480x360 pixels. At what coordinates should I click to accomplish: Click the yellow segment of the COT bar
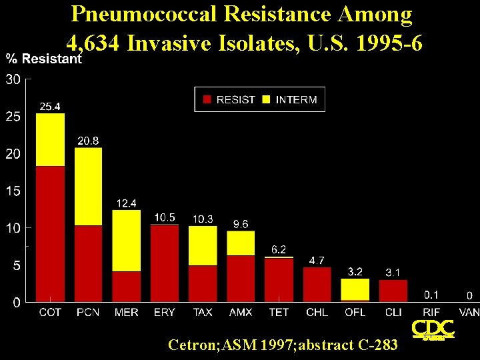click(50, 139)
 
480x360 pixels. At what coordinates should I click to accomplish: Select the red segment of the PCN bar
click(88, 263)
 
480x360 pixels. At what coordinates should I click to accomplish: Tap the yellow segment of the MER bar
click(127, 241)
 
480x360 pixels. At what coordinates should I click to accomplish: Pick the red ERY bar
click(165, 263)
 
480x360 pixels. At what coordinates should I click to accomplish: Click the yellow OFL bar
click(355, 289)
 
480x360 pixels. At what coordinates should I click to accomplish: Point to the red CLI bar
click(393, 291)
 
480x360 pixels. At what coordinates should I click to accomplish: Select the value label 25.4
click(51, 106)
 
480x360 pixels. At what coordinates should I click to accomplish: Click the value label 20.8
click(89, 141)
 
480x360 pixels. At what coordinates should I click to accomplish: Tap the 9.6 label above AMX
click(241, 224)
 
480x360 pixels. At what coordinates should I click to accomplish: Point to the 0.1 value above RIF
click(432, 294)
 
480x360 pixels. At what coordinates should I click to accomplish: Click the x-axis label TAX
click(203, 312)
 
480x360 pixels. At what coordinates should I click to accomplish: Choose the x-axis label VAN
click(469, 312)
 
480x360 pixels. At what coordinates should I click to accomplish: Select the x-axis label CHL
click(317, 312)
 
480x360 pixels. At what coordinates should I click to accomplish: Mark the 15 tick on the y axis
click(13, 191)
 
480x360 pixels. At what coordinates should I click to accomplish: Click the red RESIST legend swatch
click(207, 99)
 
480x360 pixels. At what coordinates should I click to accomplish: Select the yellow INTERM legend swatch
click(266, 99)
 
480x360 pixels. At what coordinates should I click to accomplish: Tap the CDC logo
click(433, 330)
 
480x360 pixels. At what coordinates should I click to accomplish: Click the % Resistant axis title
click(44, 59)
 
